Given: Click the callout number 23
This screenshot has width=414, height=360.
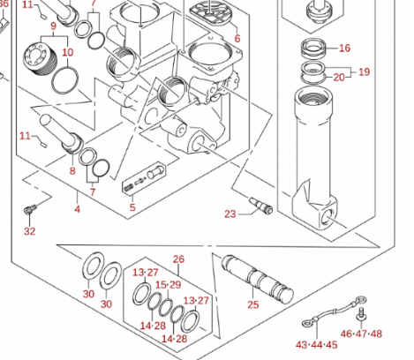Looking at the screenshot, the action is coord(230,214).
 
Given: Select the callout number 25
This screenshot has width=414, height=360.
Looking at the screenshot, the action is coord(253,304).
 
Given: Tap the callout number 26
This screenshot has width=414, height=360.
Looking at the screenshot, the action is coord(178,259).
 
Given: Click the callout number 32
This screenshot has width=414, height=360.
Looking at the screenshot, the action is coord(29,231).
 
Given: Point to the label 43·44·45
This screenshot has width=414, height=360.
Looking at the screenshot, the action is coord(317,345).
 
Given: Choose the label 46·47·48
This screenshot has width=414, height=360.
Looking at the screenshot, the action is coord(361,334).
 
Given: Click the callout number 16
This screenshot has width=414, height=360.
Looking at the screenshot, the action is coord(344,48).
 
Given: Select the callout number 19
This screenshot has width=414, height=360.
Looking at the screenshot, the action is coord(364,71).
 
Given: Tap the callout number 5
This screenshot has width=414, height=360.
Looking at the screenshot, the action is coord(132,207).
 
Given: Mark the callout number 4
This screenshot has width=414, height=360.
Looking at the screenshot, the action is coord(77,209).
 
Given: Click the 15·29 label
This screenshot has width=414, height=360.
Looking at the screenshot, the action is coord(168,285).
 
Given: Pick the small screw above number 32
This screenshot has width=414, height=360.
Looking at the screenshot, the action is coord(30,209).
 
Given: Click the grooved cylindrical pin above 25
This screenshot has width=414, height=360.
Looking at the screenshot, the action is coord(258,280).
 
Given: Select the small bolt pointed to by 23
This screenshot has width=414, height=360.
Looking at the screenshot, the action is coord(261,206).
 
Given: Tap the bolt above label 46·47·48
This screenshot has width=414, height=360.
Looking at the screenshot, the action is coord(361,314).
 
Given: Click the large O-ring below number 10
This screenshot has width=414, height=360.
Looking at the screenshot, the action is coord(65,80).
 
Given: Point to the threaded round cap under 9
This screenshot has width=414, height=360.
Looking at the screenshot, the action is coord(39,60).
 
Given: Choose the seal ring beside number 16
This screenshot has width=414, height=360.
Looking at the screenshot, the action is coord(313,48).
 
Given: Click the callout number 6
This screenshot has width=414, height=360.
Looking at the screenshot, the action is coord(237,39).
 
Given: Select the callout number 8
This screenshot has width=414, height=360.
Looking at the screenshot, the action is coord(72,171).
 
